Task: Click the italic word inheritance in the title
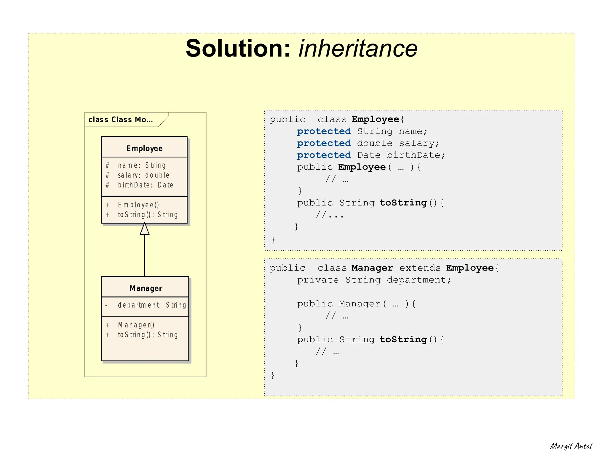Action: click(358, 48)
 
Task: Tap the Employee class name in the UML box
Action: click(144, 148)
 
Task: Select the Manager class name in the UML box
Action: click(146, 288)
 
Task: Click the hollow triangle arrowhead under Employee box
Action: click(145, 229)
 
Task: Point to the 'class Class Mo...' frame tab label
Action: click(121, 120)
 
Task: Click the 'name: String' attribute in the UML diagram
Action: click(142, 165)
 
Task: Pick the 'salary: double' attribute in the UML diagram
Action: click(143, 175)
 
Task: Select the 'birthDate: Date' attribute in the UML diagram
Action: click(145, 185)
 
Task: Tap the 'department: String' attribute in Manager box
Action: click(152, 305)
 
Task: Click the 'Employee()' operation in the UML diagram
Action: click(138, 205)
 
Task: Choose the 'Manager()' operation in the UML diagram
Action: click(136, 325)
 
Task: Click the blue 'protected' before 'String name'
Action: click(324, 131)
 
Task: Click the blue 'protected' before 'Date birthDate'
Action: click(324, 155)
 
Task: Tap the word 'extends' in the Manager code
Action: click(420, 268)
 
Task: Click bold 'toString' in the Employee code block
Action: click(403, 203)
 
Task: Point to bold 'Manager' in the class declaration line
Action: click(372, 268)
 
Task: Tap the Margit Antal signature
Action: click(571, 446)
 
